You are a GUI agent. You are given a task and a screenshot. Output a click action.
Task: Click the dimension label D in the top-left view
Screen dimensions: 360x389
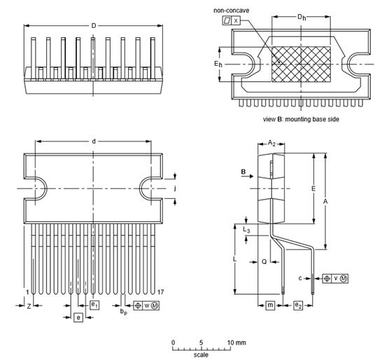pos(94,26)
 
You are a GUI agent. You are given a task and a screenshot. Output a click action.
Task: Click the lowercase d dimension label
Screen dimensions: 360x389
pos(94,141)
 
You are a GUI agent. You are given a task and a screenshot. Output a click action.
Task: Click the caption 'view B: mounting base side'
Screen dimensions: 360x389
pos(301,119)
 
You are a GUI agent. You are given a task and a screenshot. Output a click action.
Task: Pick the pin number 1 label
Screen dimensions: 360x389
pos(27,291)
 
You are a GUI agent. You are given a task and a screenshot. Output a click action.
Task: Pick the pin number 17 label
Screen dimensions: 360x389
pos(161,291)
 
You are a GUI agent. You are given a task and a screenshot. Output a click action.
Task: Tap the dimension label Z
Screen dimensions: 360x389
pos(28,306)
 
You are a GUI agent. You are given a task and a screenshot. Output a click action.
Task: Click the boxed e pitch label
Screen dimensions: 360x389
pos(78,318)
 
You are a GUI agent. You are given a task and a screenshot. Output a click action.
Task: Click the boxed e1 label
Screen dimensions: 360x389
pos(94,304)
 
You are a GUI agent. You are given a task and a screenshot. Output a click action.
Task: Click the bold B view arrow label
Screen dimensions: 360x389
pos(243,170)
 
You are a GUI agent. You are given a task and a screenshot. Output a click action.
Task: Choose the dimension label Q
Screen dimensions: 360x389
pos(264,261)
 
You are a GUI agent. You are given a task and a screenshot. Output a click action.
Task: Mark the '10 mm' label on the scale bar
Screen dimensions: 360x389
pos(236,342)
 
